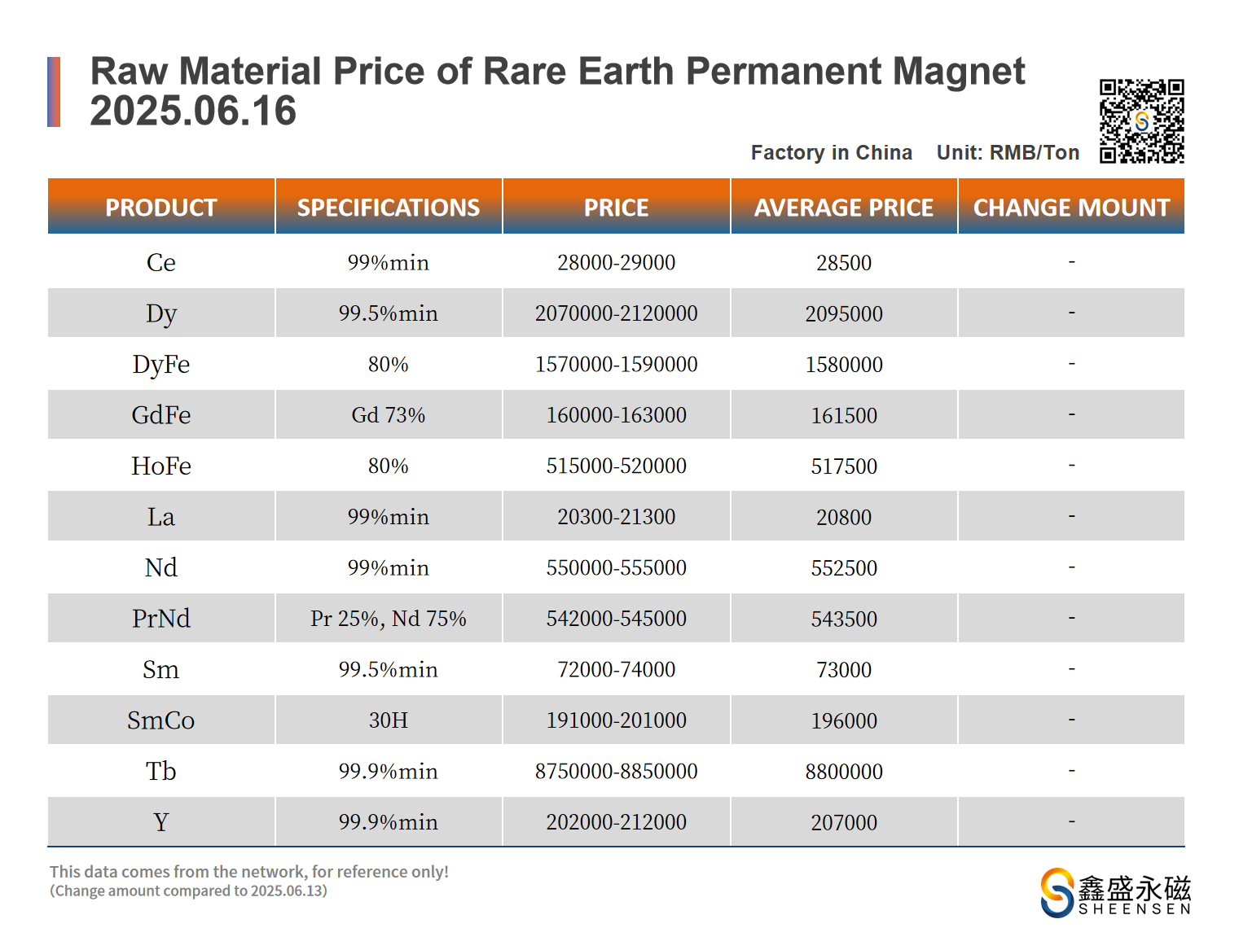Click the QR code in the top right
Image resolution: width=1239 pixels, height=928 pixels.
point(1141,121)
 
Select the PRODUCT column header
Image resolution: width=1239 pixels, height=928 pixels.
point(160,208)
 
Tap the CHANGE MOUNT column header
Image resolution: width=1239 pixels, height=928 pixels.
point(1071,208)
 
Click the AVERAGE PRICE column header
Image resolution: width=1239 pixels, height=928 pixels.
point(843,208)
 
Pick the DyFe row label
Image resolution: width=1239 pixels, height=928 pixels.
point(160,364)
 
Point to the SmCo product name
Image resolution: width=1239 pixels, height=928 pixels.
point(160,720)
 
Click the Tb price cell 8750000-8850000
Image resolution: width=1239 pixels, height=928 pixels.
point(616,771)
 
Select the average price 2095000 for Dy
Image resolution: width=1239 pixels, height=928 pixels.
point(843,313)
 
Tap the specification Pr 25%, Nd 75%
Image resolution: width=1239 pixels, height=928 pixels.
point(388,619)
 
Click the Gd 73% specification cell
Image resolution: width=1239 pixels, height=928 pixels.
point(388,415)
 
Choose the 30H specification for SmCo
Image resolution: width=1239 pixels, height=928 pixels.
point(388,720)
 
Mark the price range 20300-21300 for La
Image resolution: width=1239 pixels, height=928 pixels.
point(616,517)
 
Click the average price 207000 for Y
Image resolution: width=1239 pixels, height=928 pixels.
point(843,822)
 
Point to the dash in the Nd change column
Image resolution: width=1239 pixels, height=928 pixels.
point(1071,567)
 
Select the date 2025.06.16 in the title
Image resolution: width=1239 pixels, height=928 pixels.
point(193,111)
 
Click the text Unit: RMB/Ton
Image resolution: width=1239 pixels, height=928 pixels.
point(1008,152)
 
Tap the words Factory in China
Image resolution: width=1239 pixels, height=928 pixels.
point(831,152)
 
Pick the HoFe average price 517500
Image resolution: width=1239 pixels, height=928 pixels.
point(843,466)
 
